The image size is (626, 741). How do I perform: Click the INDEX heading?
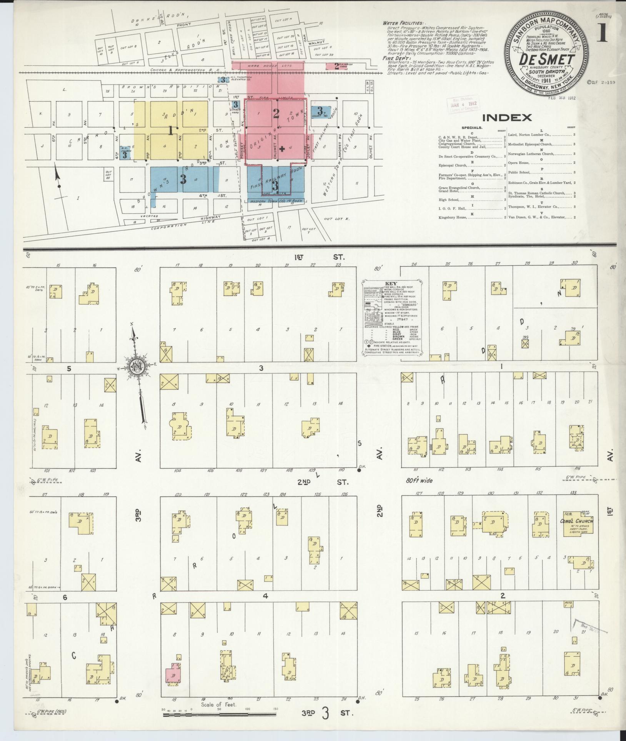point(507,118)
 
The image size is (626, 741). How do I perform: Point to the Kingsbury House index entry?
point(453,217)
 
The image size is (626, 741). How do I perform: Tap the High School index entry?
point(449,200)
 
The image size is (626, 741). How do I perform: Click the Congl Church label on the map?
point(579,521)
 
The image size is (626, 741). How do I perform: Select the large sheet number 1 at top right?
point(602,34)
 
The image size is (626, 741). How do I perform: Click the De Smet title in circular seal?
point(547,60)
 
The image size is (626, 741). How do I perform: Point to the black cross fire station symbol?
point(282,148)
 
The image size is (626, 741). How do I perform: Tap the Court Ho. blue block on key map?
point(320,112)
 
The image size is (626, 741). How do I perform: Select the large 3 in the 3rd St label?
point(326,713)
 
